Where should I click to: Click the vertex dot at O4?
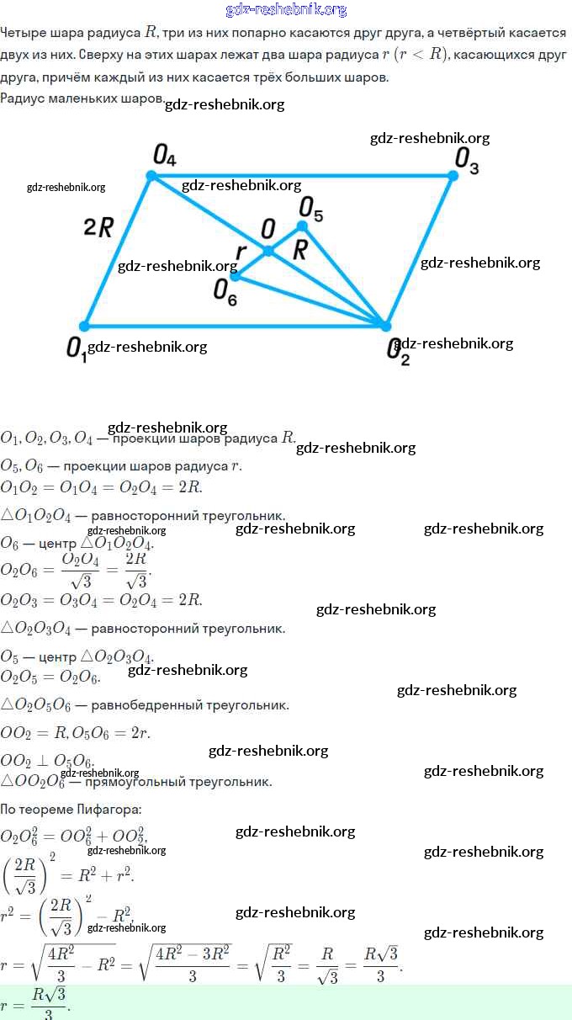point(151,175)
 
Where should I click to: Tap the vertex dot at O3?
point(453,175)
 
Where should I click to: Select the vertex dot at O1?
point(84,326)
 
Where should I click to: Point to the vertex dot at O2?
point(385,326)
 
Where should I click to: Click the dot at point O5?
point(302,226)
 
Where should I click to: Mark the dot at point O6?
point(236,275)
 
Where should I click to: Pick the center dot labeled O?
point(268,251)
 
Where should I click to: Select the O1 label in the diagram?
point(76,348)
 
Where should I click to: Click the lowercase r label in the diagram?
point(241,252)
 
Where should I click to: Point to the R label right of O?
point(300,250)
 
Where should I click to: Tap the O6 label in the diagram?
point(225,291)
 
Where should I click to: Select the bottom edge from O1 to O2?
point(236,326)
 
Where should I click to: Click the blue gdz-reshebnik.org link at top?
point(286,9)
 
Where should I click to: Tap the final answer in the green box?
point(50,1001)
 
